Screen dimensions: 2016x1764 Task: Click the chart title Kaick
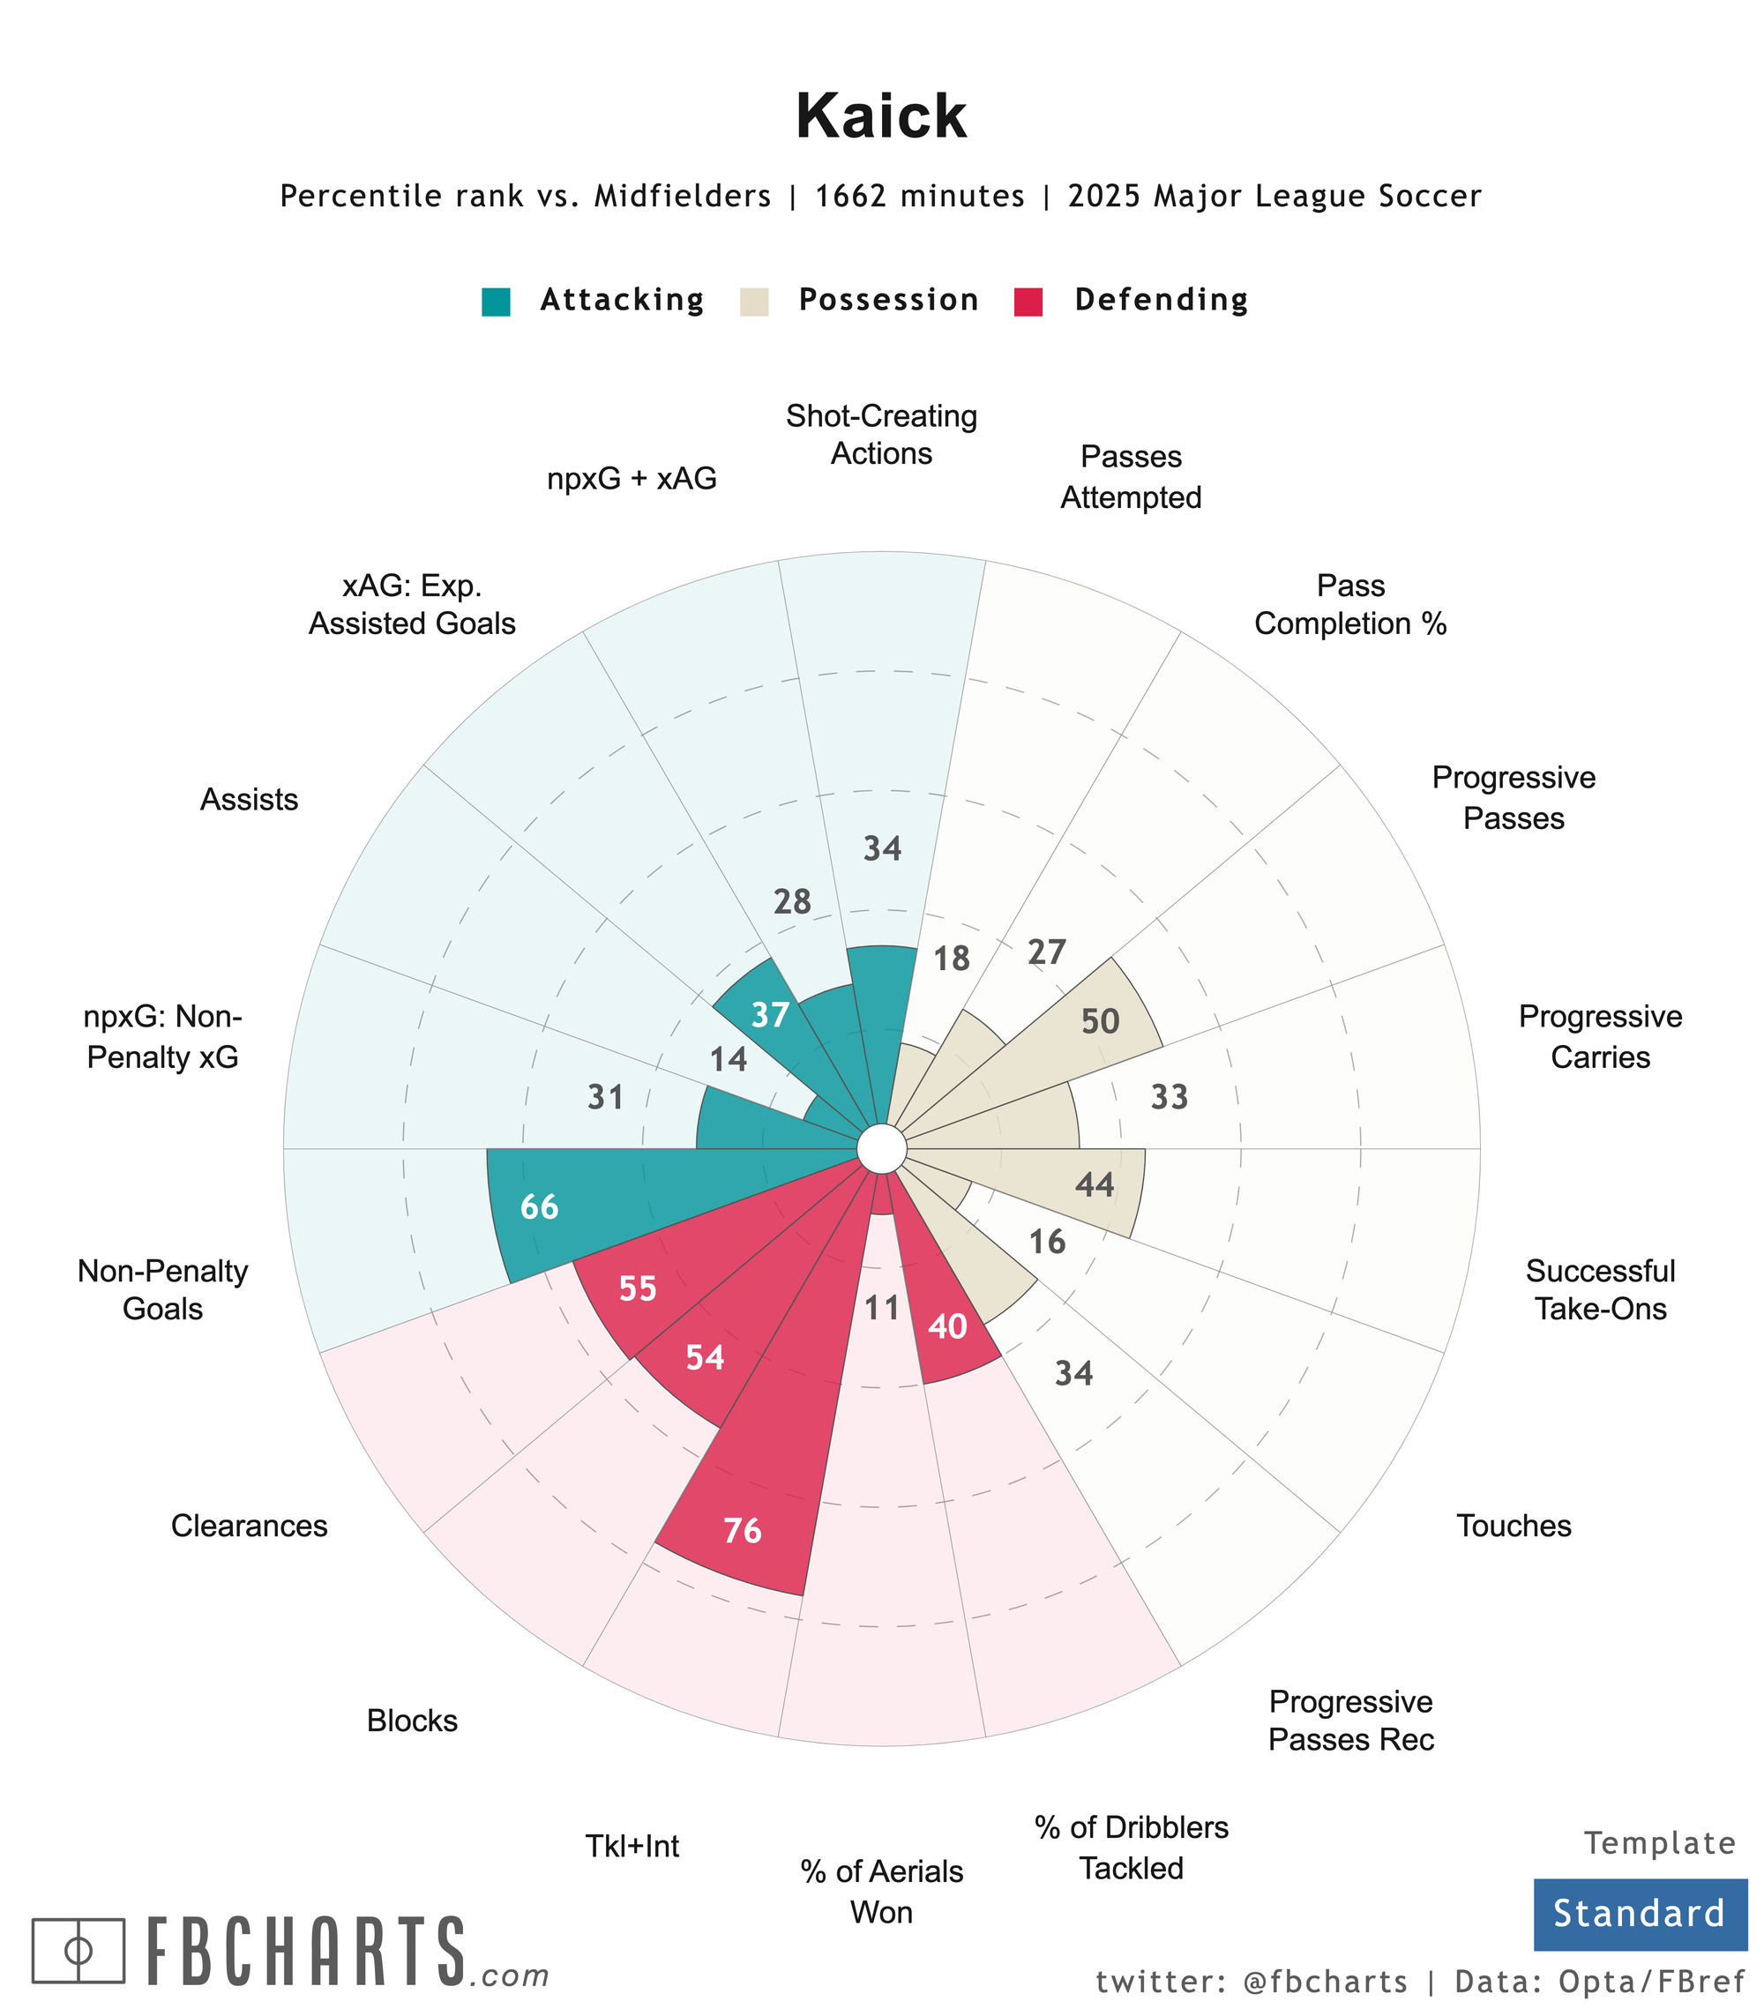tap(881, 117)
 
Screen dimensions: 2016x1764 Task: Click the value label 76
tap(743, 1531)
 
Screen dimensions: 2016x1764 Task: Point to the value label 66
tap(540, 1206)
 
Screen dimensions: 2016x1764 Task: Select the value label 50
tap(1101, 1022)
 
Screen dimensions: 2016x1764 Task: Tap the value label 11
tap(882, 1308)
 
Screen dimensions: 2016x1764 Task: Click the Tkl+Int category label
tap(632, 1846)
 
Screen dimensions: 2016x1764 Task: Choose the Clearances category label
tap(249, 1526)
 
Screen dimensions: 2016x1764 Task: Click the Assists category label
tap(249, 799)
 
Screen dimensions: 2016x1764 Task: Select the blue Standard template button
tap(1639, 1914)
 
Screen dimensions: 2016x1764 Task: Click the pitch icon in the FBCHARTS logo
tap(78, 1950)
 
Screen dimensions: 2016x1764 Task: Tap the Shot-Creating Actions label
tap(881, 435)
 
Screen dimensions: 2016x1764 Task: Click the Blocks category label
tap(413, 1721)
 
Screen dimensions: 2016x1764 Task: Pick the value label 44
tap(1095, 1185)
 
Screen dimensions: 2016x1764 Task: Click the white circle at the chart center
tap(881, 1148)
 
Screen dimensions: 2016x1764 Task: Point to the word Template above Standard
tap(1660, 1844)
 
